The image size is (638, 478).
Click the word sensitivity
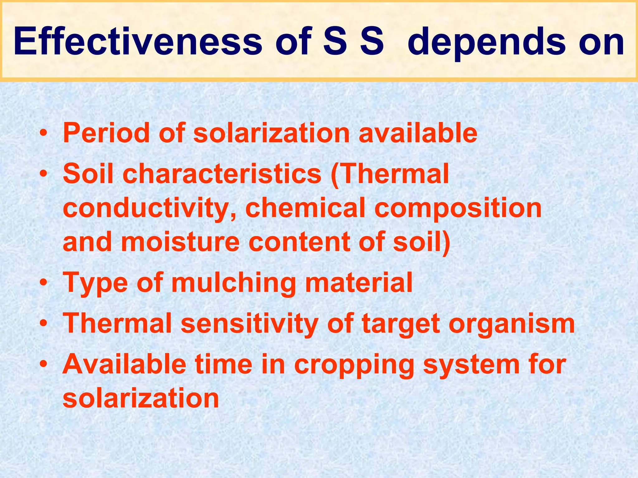pyautogui.click(x=249, y=324)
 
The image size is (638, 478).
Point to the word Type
pyautogui.click(x=95, y=283)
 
